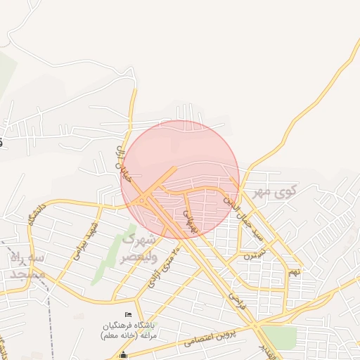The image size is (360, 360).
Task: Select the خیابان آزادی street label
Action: point(123,166)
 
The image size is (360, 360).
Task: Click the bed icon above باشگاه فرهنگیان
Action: point(127,314)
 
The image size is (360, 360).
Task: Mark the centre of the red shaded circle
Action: point(180,179)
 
